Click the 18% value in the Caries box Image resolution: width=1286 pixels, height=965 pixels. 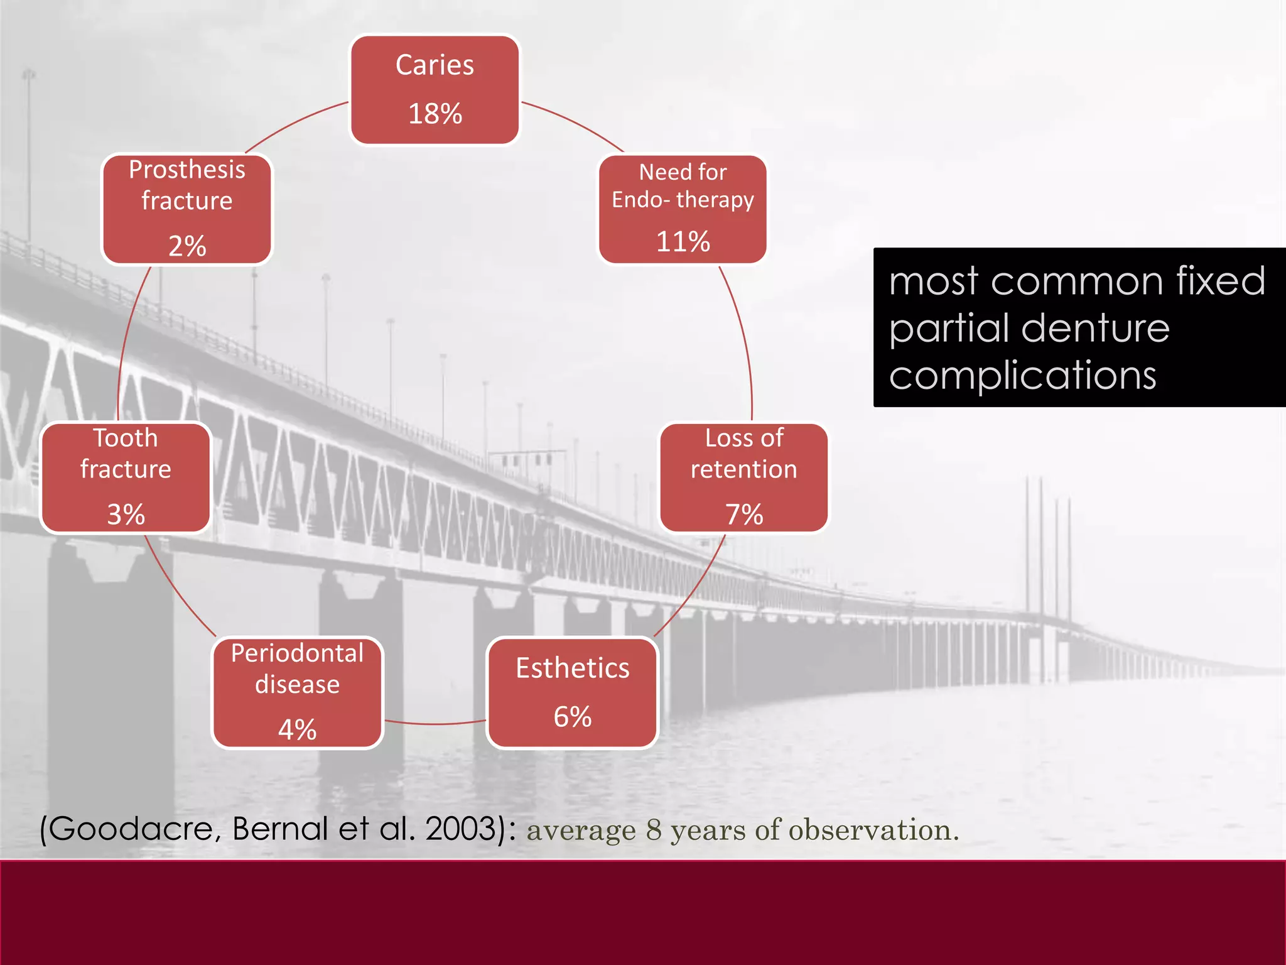[435, 114]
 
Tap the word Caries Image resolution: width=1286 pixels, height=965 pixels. [435, 65]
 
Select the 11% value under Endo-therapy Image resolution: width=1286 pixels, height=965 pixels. [683, 241]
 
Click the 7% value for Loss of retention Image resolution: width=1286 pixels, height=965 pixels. [744, 515]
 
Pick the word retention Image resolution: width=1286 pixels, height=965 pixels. [743, 469]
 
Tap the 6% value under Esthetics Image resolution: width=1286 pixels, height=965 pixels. [572, 717]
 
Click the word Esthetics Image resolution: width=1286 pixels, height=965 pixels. [572, 668]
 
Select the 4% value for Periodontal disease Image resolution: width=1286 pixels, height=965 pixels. [297, 729]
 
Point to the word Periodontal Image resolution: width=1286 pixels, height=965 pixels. [297, 653]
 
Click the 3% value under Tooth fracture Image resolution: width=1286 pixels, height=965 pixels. [126, 515]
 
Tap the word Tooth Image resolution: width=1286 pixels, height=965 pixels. [126, 438]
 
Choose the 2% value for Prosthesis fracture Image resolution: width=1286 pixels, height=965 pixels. [187, 246]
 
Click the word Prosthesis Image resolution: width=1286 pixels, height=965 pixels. [187, 170]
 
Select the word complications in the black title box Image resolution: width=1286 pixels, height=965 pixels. [1022, 376]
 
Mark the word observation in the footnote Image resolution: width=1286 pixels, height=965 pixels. [873, 830]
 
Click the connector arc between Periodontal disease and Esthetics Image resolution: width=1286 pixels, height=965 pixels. [435, 724]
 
